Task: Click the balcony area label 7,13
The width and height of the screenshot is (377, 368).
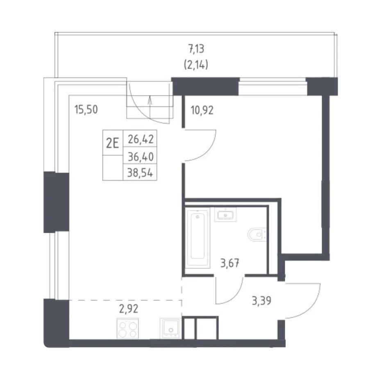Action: coord(196,49)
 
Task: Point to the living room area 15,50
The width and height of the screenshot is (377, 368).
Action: coord(86,109)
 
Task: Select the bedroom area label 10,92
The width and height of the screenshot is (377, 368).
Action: coord(202,110)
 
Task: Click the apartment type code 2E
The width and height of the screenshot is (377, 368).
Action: coord(113,143)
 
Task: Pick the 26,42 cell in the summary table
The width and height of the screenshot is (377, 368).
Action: coord(141,139)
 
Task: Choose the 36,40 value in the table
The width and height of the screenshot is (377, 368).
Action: coord(141,157)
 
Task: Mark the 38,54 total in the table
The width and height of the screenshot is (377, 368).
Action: coord(140,173)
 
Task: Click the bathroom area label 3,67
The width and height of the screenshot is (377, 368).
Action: coord(230,263)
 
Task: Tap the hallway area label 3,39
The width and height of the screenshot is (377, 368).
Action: coord(261,301)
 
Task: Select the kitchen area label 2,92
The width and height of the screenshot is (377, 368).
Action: coord(129,309)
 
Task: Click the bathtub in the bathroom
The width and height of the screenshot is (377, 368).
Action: coord(198,238)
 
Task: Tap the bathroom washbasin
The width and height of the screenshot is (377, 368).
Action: coord(225,214)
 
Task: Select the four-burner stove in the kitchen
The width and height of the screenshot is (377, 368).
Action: coord(128,329)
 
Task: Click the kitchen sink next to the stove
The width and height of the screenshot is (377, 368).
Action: coord(170,328)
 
